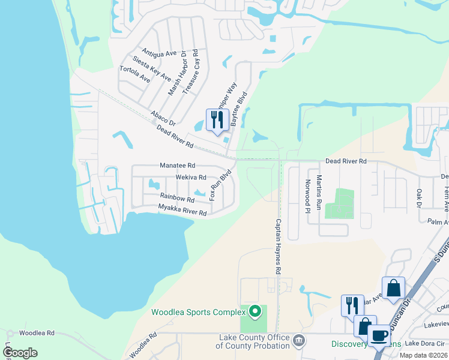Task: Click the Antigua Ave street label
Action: (159, 52)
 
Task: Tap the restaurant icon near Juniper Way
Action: (216, 119)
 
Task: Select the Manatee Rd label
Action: (178, 165)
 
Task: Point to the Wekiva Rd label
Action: (190, 178)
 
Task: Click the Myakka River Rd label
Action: (182, 209)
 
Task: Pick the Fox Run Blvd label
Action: (220, 185)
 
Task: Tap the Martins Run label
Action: (319, 192)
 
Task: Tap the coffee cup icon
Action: (379, 335)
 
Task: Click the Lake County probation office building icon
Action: (298, 341)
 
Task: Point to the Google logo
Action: (20, 353)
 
